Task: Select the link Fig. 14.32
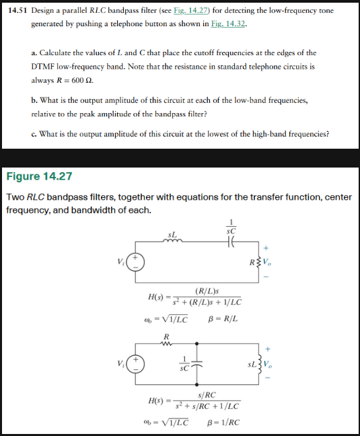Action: [227, 24]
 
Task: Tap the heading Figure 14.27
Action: [39, 177]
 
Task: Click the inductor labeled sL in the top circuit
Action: [174, 241]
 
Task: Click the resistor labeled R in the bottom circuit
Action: [167, 344]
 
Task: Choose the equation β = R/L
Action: [223, 319]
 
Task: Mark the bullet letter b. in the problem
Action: [35, 100]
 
